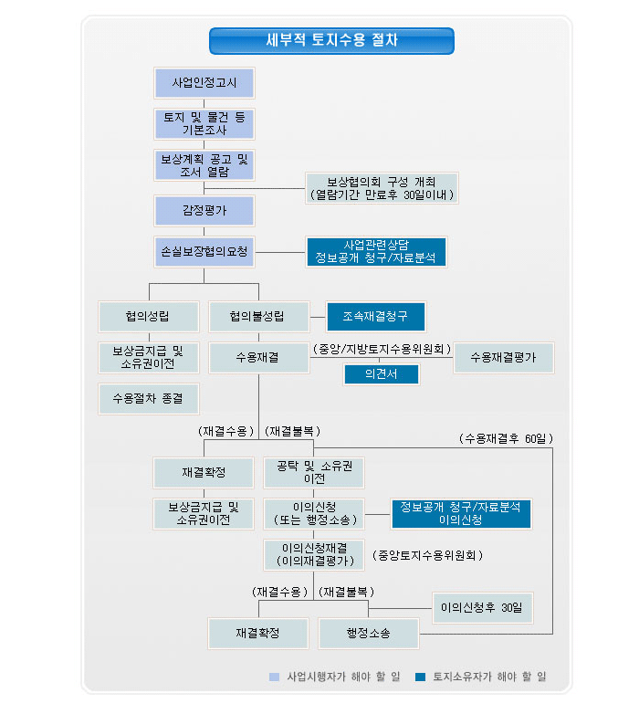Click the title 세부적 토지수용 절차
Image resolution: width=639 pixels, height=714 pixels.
click(331, 40)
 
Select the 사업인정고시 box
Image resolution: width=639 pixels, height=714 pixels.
click(204, 83)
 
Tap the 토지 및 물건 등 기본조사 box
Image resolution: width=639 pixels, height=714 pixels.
click(204, 124)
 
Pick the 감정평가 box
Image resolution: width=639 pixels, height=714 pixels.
click(204, 211)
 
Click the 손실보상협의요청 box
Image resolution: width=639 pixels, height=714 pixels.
click(204, 252)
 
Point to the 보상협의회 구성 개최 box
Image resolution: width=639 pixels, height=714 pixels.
click(382, 188)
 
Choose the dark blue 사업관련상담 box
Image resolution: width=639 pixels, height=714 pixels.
click(376, 252)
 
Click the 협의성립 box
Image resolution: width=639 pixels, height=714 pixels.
click(149, 317)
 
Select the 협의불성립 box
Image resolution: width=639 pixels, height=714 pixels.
click(259, 317)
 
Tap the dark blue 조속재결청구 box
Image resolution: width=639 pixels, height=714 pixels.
click(376, 317)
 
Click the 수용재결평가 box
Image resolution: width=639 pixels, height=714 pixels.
click(504, 358)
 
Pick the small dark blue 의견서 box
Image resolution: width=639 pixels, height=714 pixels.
click(381, 374)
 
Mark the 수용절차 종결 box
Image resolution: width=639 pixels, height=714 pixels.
click(149, 399)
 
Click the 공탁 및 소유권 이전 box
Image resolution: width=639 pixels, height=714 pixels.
click(314, 473)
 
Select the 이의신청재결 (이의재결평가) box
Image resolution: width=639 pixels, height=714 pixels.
click(314, 555)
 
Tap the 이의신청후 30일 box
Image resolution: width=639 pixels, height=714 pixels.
click(482, 608)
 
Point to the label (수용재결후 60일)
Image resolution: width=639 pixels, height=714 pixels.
click(506, 438)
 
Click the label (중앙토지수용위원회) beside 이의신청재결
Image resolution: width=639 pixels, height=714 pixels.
click(427, 555)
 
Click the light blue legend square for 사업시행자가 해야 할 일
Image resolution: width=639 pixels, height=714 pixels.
click(275, 677)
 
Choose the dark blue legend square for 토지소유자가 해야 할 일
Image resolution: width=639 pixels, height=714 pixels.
click(421, 677)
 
